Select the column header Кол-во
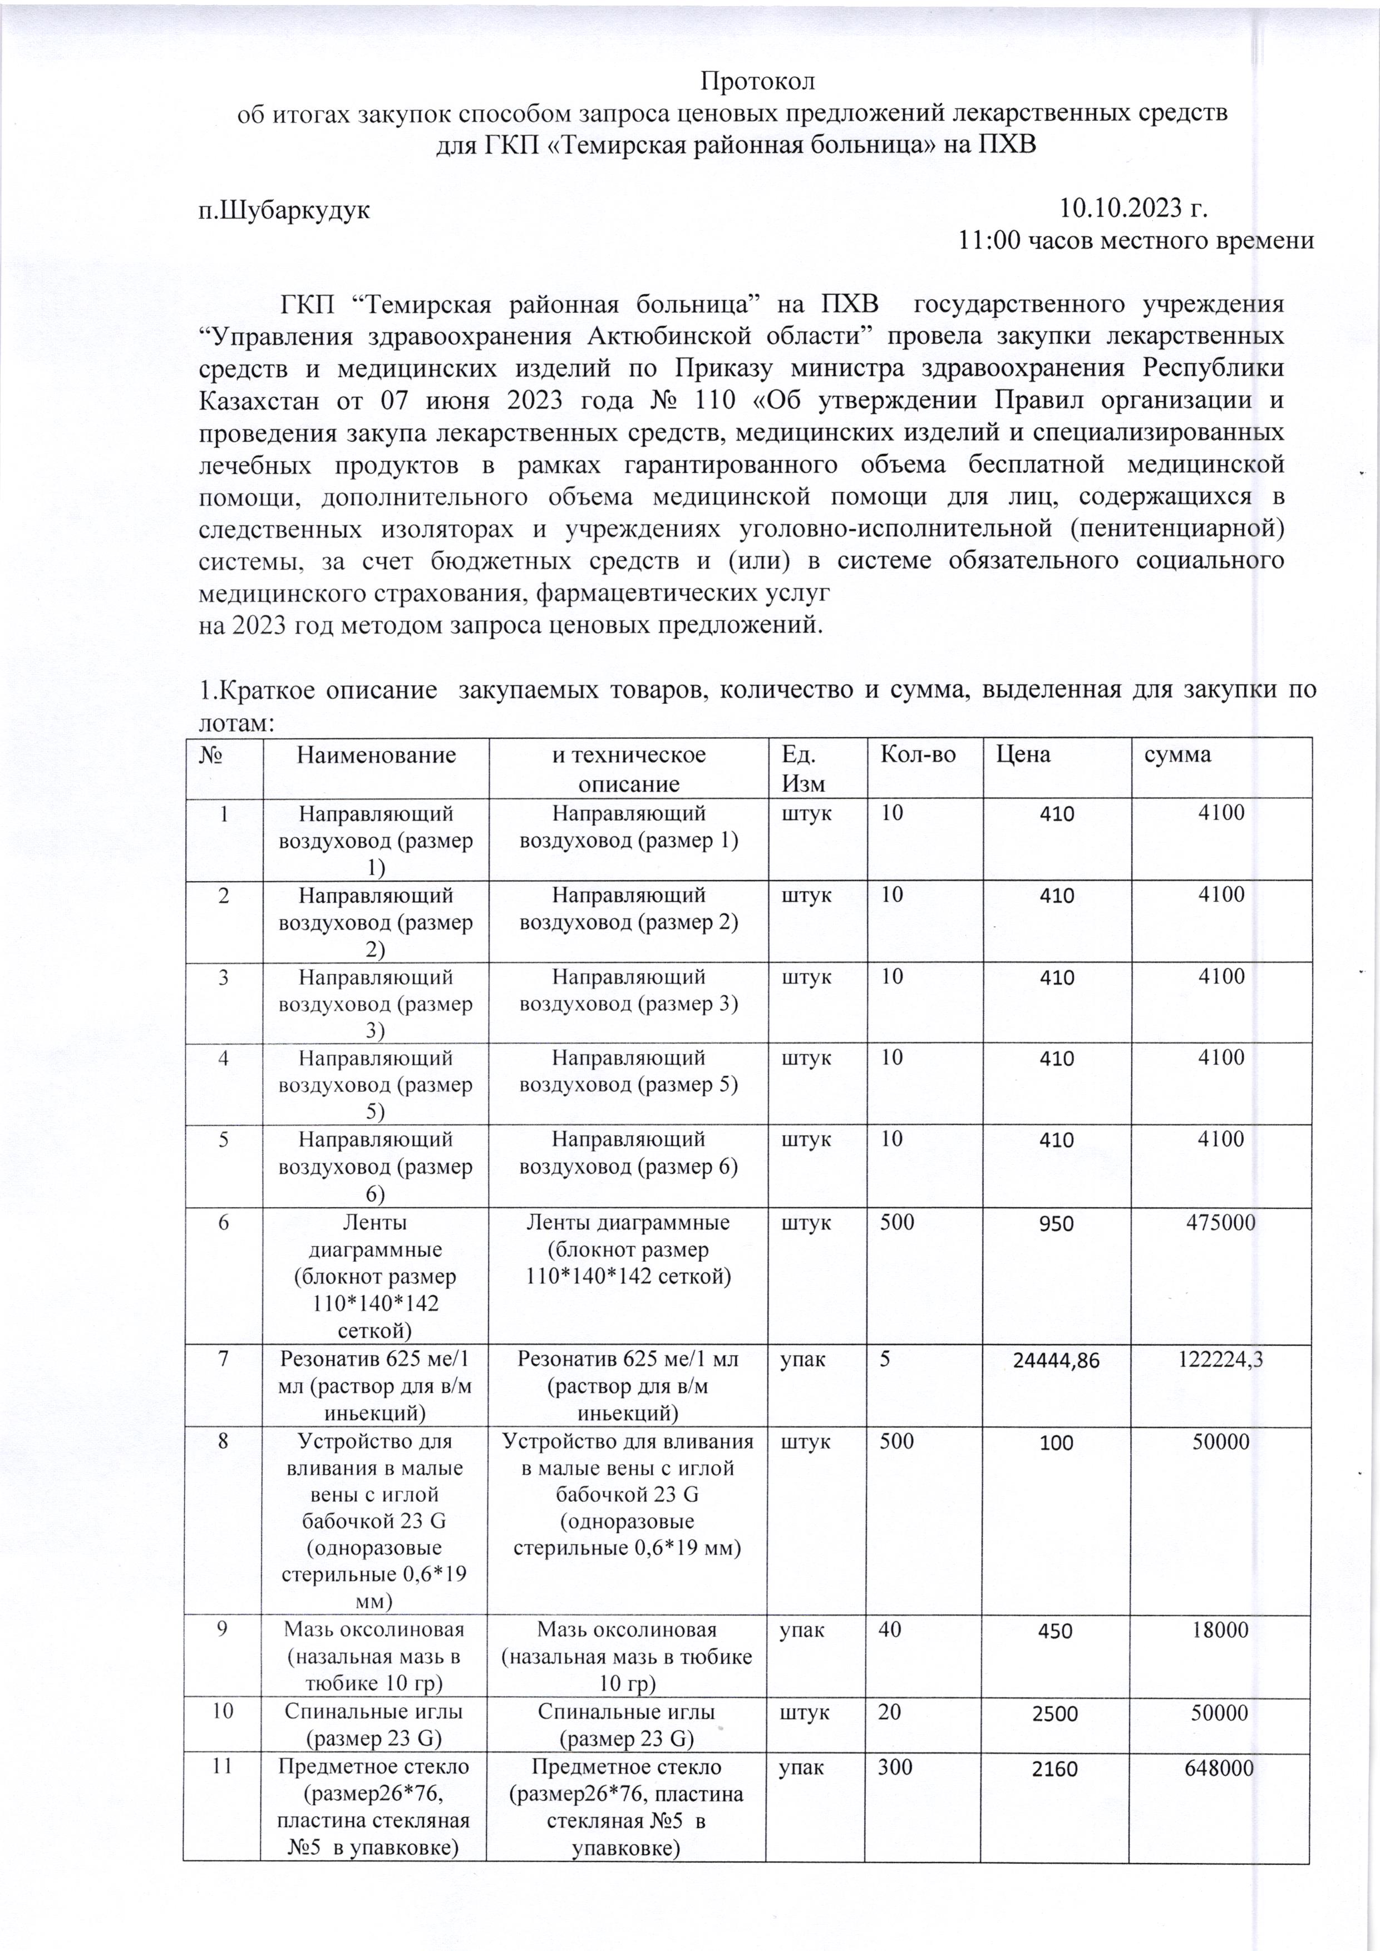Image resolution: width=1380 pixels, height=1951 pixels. point(918,754)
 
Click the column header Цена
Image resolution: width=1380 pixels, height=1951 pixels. point(1023,754)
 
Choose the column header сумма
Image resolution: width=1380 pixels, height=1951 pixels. point(1177,754)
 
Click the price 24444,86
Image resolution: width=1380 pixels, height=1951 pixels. point(1056,1360)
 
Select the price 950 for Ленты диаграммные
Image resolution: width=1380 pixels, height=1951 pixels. point(1056,1224)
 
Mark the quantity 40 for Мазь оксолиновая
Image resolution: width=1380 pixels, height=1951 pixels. point(890,1630)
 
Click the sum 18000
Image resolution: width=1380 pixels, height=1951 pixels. point(1220,1630)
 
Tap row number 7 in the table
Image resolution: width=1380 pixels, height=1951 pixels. point(224,1359)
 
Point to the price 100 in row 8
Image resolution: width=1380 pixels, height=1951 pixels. point(1056,1443)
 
